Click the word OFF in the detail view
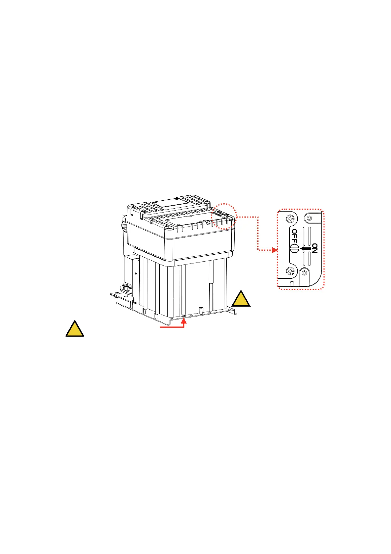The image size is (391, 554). tap(294, 236)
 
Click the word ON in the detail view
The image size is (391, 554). tap(314, 248)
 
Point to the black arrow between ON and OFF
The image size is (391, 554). tap(305, 249)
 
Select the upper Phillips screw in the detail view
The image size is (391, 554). tap(290, 218)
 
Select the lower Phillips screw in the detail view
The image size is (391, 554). tap(290, 271)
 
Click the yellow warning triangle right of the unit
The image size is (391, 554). tap(241, 299)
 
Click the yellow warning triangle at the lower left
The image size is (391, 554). tap(75, 329)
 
